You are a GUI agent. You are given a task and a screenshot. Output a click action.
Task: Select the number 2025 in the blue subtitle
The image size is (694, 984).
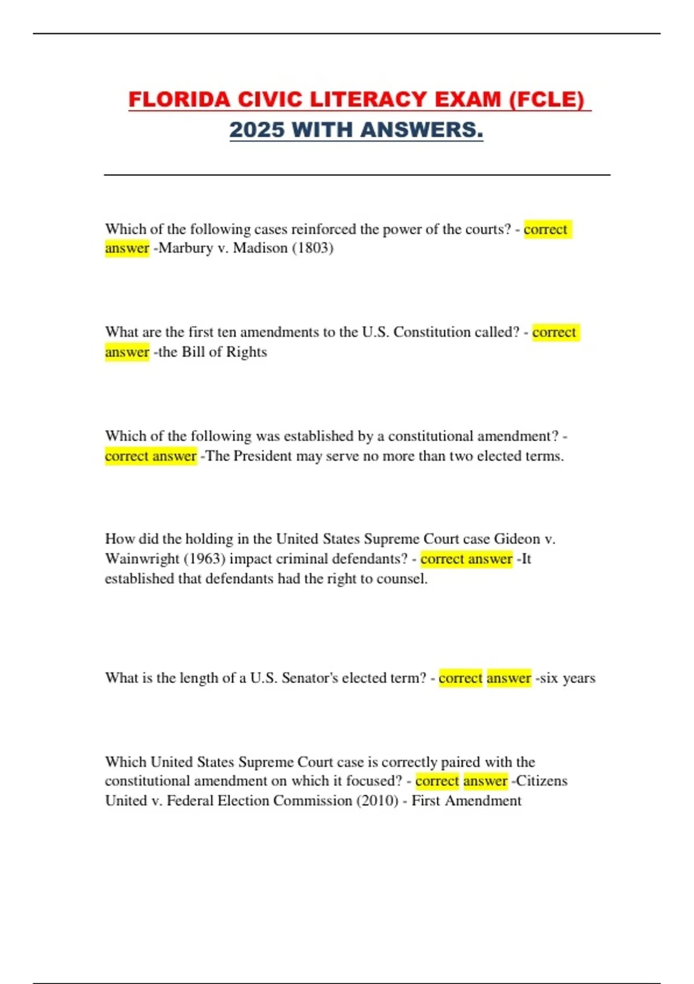(257, 130)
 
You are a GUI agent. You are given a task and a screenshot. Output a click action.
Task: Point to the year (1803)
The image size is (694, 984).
(313, 248)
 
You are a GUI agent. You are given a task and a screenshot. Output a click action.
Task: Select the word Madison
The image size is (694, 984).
(260, 248)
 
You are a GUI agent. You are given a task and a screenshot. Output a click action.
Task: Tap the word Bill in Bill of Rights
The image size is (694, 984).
(193, 352)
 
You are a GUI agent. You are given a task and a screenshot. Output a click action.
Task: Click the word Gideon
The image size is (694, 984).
(516, 539)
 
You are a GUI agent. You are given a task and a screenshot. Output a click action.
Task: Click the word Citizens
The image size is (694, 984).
(542, 781)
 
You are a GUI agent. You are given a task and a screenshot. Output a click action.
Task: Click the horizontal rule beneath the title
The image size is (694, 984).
(357, 174)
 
